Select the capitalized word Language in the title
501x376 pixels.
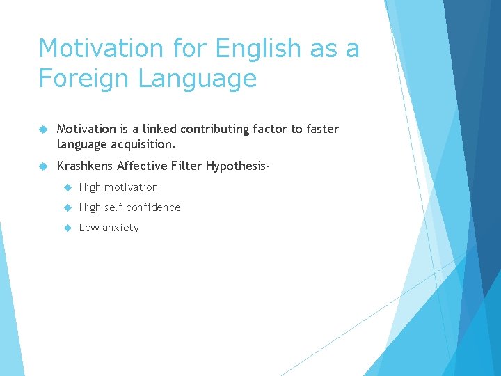coord(198,78)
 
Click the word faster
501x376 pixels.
coord(322,129)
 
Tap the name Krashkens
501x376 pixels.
coord(85,166)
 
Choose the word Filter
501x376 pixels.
coord(186,166)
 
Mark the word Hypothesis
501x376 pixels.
coord(235,166)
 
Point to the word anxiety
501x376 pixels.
coord(120,228)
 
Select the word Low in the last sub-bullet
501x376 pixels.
coord(88,228)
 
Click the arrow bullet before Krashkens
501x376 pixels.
coord(43,166)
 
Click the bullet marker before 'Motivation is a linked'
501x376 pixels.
coord(43,129)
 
